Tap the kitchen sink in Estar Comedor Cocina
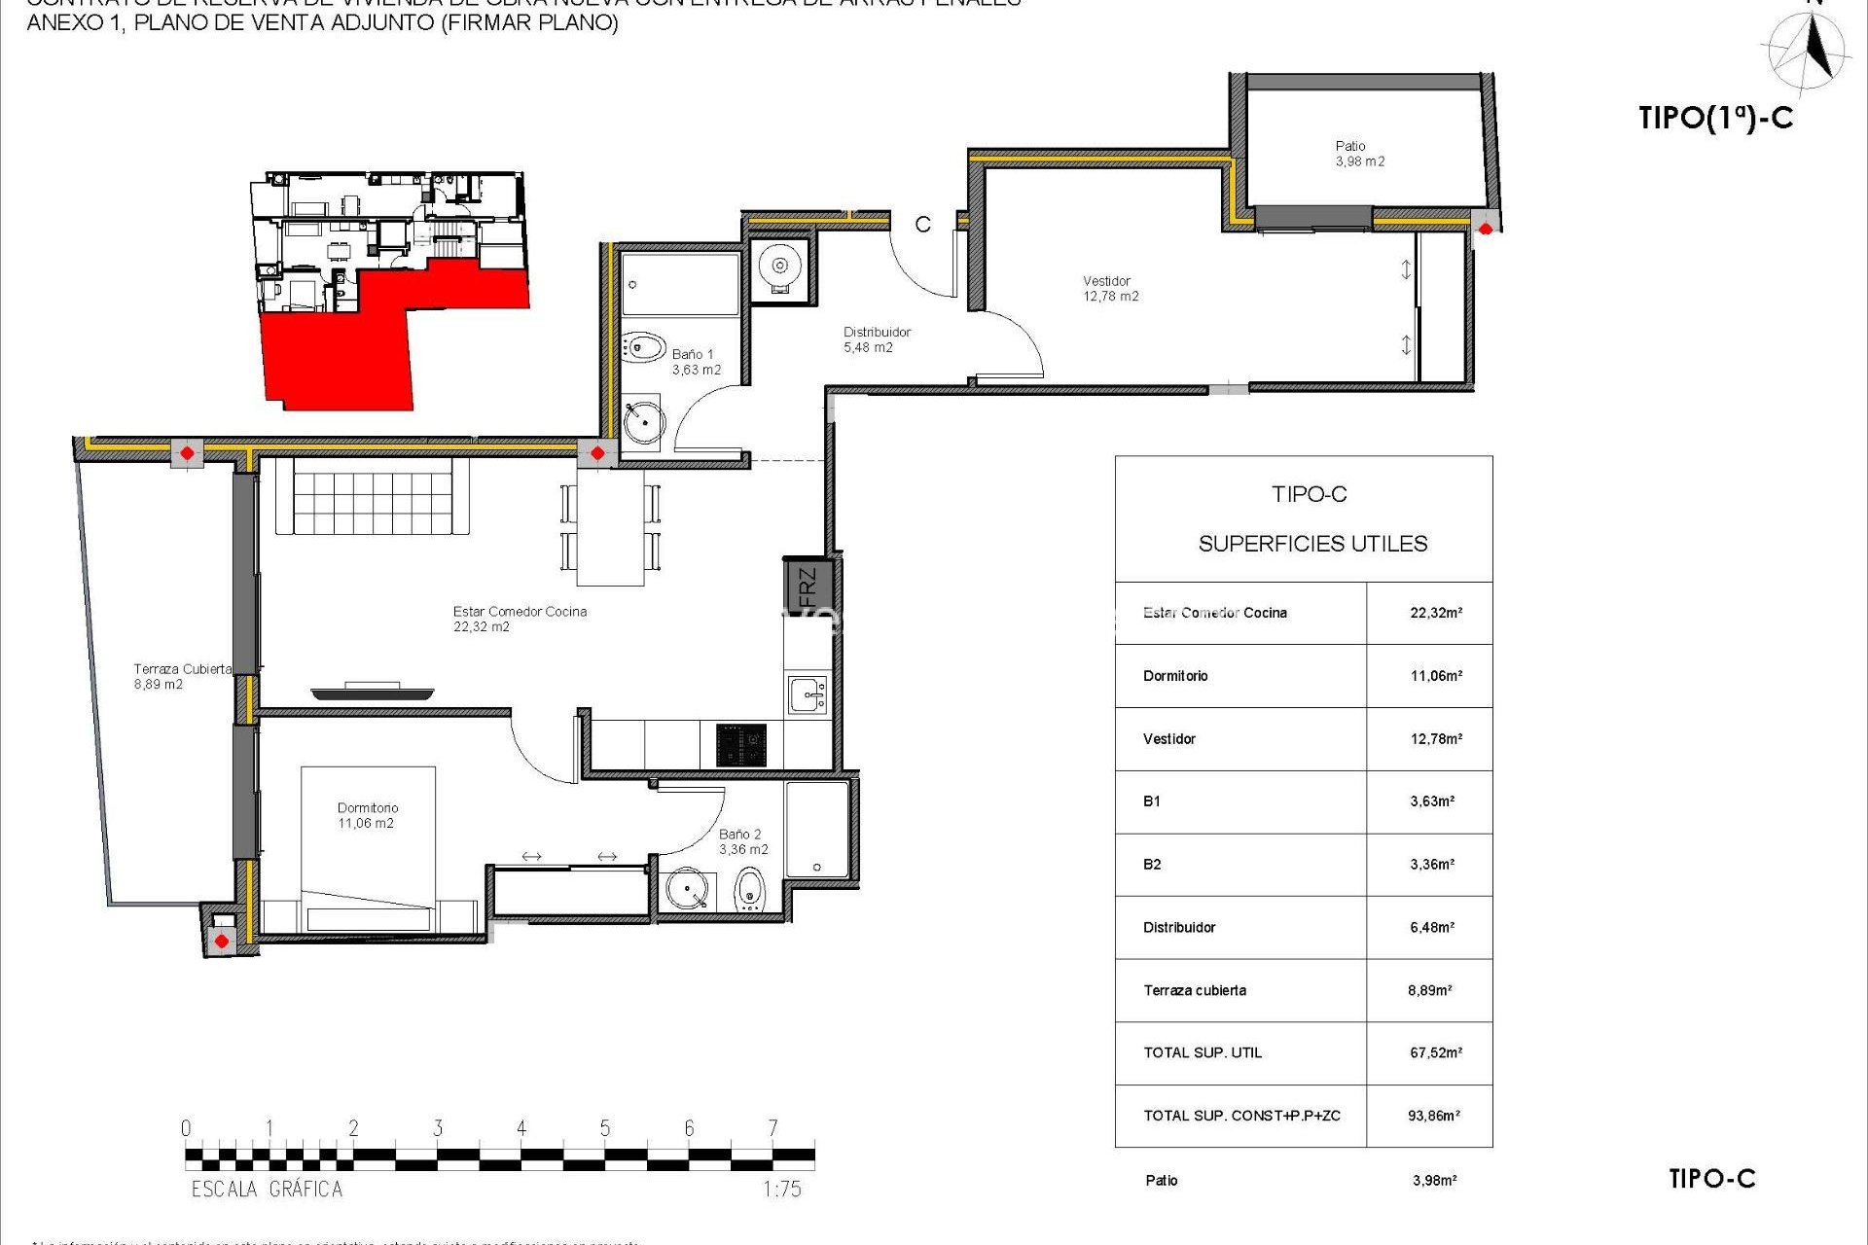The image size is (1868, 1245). (808, 695)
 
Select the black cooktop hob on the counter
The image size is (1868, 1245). (741, 745)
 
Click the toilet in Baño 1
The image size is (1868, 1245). (643, 347)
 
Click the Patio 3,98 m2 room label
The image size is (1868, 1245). (1359, 154)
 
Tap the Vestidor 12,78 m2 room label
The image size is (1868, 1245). (1110, 289)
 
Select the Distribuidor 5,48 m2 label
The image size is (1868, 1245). (876, 339)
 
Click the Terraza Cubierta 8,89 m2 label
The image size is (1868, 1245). (182, 676)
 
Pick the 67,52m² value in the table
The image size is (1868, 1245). (1435, 1052)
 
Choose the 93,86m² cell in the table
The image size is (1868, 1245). (1433, 1116)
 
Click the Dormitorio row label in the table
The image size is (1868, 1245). (1175, 676)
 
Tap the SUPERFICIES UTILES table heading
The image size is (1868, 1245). (1312, 544)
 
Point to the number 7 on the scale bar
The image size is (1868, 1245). (772, 1128)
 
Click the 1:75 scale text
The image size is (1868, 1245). (781, 1189)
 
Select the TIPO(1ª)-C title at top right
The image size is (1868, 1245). (1715, 118)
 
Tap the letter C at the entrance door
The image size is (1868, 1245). (922, 225)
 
